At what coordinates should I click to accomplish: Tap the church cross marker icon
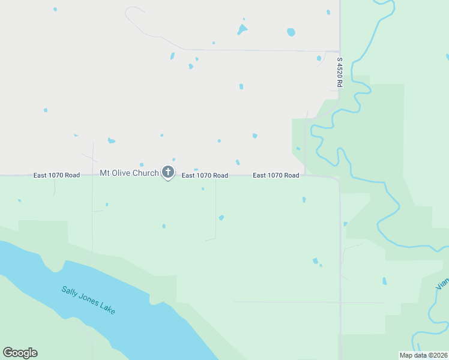[x=168, y=173]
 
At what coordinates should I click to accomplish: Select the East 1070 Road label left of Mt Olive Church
[x=56, y=175]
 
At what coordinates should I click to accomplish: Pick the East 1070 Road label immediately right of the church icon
[x=205, y=175]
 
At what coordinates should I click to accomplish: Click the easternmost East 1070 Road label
[x=276, y=175]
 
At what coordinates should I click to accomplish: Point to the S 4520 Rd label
[x=339, y=72]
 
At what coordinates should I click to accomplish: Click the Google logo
[x=20, y=353]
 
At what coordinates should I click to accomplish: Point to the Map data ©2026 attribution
[x=423, y=355]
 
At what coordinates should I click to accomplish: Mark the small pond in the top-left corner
[x=55, y=10]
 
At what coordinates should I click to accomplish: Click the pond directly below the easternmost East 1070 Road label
[x=304, y=199]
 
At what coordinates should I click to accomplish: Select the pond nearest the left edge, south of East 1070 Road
[x=19, y=200]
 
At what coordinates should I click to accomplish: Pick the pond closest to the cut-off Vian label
[x=384, y=281]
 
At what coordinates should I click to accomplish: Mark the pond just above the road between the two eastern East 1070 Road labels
[x=238, y=163]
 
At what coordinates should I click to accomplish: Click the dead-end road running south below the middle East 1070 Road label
[x=215, y=210]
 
